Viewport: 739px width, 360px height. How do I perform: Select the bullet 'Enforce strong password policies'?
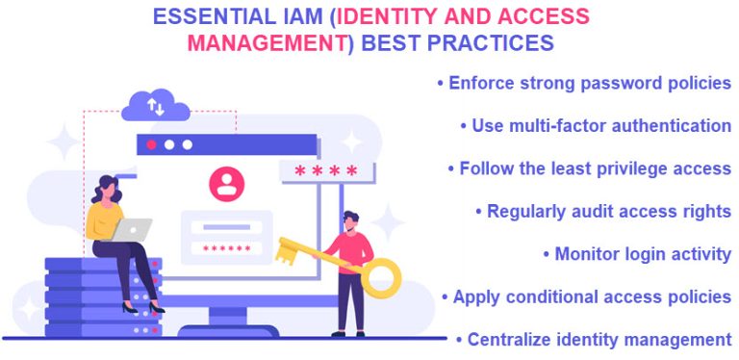584,83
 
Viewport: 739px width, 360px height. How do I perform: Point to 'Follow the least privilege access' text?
589,168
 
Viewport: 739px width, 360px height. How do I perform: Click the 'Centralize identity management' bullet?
594,339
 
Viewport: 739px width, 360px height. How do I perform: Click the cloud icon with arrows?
156,104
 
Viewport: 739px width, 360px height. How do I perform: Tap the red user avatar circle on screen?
227,183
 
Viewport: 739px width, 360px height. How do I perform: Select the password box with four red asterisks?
326,171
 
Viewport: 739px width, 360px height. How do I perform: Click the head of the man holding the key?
352,219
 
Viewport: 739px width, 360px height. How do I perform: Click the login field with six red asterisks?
226,248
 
